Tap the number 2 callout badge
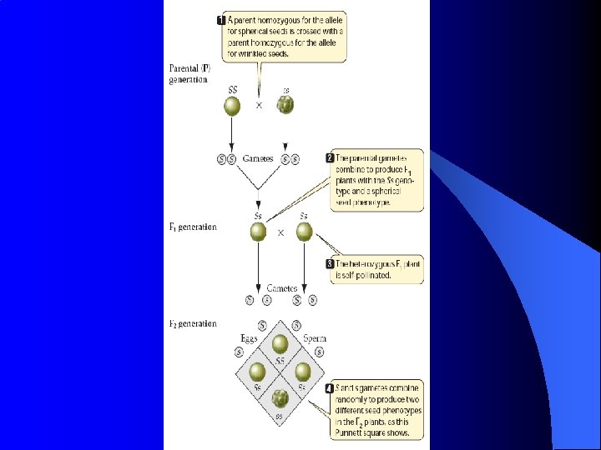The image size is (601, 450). click(x=331, y=157)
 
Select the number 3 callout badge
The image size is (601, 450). click(x=331, y=264)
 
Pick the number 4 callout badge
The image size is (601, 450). click(x=331, y=388)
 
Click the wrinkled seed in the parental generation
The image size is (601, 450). click(x=286, y=105)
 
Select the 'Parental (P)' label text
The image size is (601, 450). click(x=190, y=67)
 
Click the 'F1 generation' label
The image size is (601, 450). click(x=193, y=227)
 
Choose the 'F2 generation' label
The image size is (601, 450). click(x=193, y=323)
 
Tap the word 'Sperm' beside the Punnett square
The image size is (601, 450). click(x=315, y=338)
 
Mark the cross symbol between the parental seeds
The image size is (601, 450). click(x=259, y=106)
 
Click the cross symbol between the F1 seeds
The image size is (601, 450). click(x=280, y=233)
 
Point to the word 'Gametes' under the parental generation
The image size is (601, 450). click(x=259, y=158)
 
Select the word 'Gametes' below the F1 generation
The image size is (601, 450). click(x=282, y=288)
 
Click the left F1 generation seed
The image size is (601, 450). click(x=259, y=232)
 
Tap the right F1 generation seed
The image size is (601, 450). click(x=304, y=232)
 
